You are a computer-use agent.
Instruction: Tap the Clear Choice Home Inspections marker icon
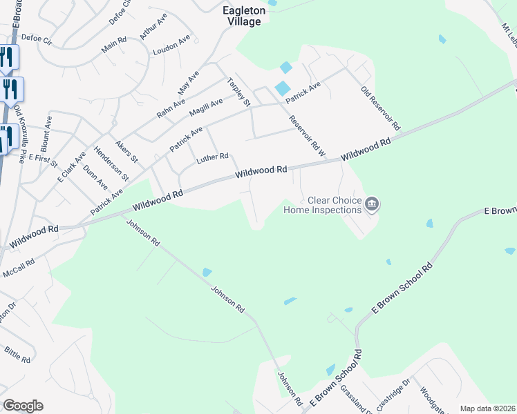372,204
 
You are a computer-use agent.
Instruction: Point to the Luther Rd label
212,158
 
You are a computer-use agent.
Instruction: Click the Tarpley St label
238,92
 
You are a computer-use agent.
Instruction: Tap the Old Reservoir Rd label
381,108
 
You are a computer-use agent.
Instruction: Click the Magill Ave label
207,107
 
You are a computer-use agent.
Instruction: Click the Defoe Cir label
37,39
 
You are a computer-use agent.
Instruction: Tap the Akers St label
127,152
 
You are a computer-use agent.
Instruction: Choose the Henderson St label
111,164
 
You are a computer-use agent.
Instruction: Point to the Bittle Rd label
17,355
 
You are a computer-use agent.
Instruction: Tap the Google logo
23,406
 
